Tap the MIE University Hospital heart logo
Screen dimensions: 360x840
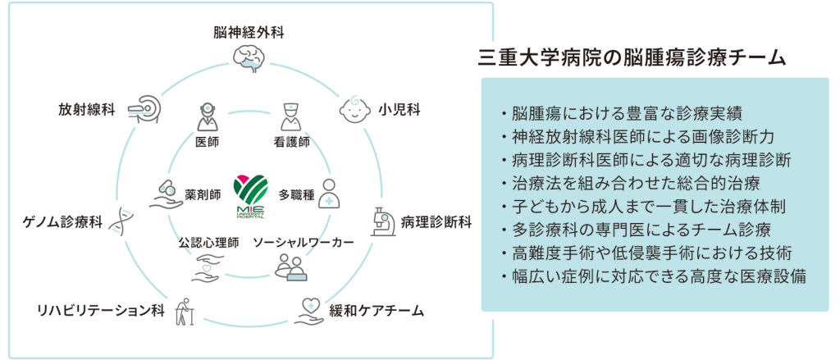pyautogui.click(x=251, y=194)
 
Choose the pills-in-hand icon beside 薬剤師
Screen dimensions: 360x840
pyautogui.click(x=166, y=194)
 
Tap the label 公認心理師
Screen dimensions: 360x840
pyautogui.click(x=209, y=244)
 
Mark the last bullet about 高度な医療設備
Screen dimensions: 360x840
pyautogui.click(x=653, y=276)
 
